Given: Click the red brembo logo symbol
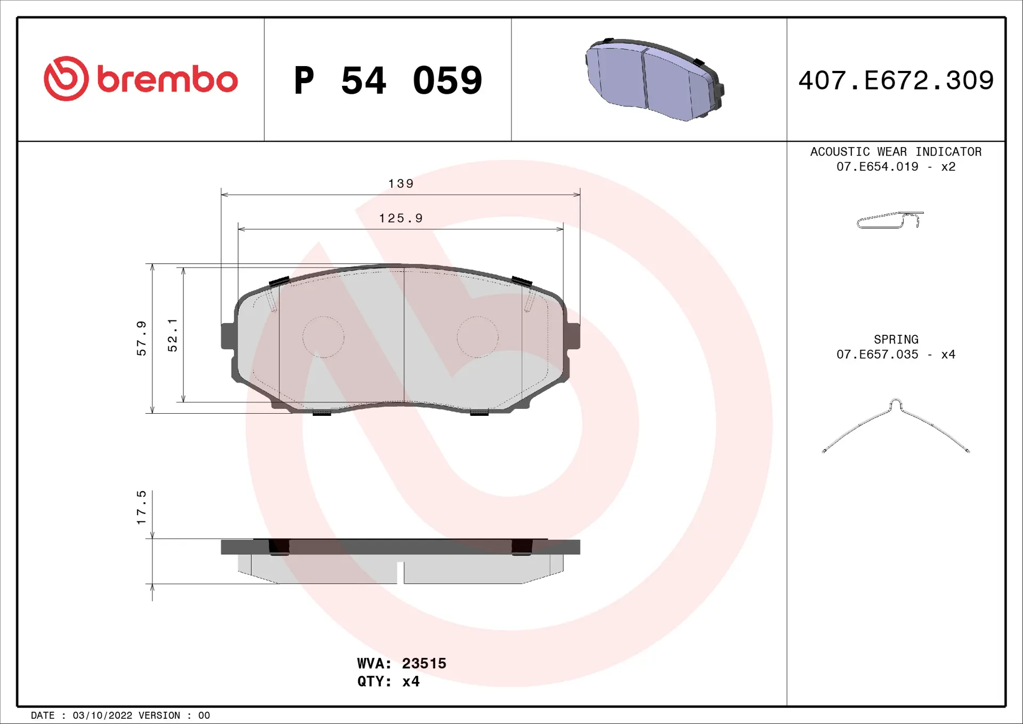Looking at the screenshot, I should (x=66, y=79).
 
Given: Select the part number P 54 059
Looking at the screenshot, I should (x=388, y=81).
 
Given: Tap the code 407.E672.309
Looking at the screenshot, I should (x=896, y=81).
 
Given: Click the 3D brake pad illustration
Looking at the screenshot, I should (x=654, y=80).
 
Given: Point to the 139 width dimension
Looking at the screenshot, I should (x=401, y=184).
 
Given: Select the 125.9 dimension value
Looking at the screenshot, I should (x=401, y=219).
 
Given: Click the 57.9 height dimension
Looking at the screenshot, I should (x=141, y=338).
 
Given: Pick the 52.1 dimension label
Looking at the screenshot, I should (x=173, y=335).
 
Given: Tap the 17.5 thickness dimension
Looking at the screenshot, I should (x=141, y=507).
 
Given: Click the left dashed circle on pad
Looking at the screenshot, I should (x=323, y=337).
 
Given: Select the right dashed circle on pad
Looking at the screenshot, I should (x=478, y=337).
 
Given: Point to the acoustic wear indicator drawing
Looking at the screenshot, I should (x=889, y=220).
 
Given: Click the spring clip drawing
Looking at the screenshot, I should (x=896, y=425).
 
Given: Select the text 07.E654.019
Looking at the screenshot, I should (x=877, y=167).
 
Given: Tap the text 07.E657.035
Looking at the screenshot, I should (x=877, y=355).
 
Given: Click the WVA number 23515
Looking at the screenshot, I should (x=424, y=663).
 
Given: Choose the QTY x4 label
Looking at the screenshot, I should (x=388, y=681).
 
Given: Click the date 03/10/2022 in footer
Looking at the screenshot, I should (x=102, y=715).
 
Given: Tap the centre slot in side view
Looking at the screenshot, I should (x=400, y=572).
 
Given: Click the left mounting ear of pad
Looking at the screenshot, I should (x=228, y=336).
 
